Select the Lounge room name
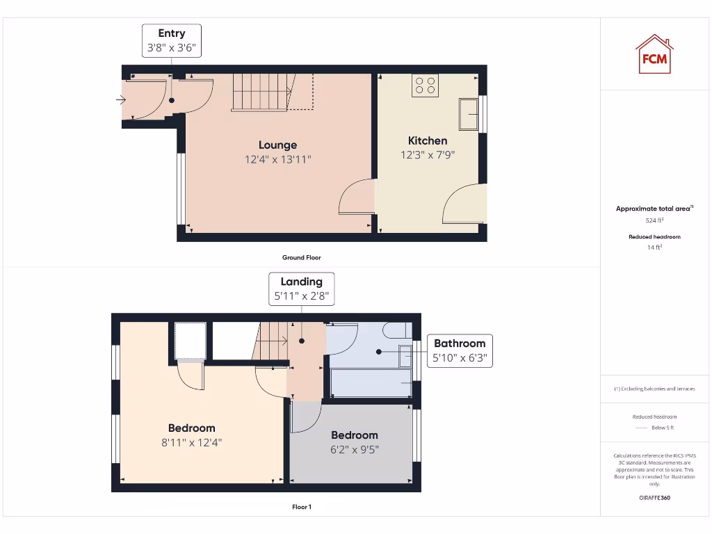(x=278, y=145)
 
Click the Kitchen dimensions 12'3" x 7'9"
(x=428, y=155)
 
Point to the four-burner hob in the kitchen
(x=425, y=85)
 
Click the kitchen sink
(x=469, y=114)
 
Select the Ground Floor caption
(x=301, y=257)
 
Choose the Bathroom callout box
(x=460, y=350)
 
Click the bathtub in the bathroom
(x=371, y=383)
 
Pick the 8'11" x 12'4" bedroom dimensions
(x=191, y=442)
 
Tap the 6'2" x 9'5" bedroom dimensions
(x=355, y=449)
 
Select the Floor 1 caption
(x=301, y=507)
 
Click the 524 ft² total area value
(x=654, y=220)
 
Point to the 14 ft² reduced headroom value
(x=654, y=247)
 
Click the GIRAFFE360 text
(x=654, y=498)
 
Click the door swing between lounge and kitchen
(x=357, y=197)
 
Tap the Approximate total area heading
(x=654, y=209)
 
